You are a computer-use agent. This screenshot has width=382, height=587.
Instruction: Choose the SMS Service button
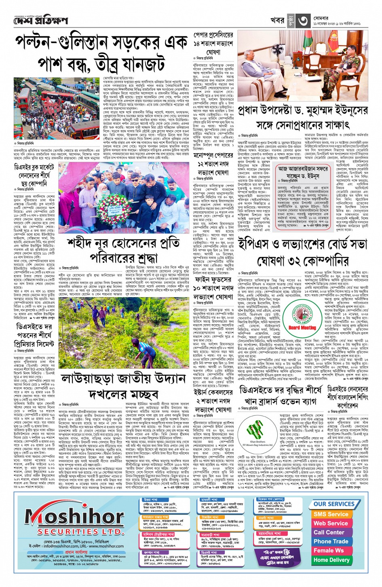click(331, 514)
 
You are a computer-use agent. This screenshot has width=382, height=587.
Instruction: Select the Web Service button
click(331, 523)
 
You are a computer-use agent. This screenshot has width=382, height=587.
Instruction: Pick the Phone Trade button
click(331, 541)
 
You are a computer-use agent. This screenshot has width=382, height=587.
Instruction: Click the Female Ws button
click(329, 551)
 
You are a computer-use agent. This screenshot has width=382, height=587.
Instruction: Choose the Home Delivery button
click(331, 560)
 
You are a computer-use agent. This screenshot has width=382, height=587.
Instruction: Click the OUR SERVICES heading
click(334, 504)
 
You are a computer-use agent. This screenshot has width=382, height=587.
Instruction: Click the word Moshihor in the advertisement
click(74, 517)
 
